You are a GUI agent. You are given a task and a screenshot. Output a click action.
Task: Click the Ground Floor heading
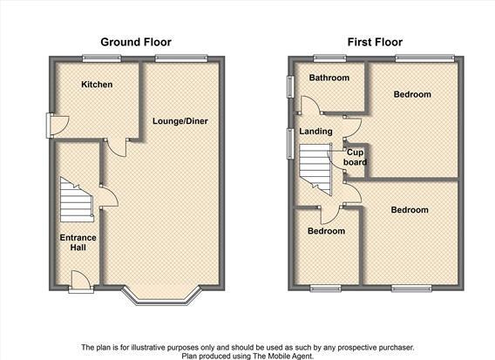[x=136, y=42]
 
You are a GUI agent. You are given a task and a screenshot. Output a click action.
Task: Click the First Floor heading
[x=375, y=42]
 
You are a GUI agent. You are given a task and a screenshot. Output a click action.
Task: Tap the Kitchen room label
[x=97, y=85]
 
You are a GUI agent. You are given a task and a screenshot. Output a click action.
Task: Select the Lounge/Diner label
[x=180, y=121]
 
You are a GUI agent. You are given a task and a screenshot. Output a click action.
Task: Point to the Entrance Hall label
[x=78, y=242]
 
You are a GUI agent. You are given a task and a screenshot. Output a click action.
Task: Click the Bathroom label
[x=329, y=78]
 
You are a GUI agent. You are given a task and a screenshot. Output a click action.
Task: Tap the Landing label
[x=315, y=131]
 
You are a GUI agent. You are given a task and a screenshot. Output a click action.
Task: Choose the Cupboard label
[x=356, y=157]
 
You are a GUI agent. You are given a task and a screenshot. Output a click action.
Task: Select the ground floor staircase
[x=77, y=200]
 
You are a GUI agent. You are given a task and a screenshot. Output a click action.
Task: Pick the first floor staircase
[x=315, y=168]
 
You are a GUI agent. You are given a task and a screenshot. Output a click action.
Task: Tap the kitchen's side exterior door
[x=57, y=126]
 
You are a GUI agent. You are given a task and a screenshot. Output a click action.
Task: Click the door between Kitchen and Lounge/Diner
[x=117, y=147]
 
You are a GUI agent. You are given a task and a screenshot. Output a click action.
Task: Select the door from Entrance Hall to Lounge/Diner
[x=108, y=196]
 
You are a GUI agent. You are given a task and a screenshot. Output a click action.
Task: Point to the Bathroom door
[x=310, y=105]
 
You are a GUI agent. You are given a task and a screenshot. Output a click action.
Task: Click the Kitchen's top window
[x=102, y=58]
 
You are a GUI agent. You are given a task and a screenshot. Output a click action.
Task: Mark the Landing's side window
[x=290, y=143]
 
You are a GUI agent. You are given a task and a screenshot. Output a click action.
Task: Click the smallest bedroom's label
[x=326, y=231]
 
